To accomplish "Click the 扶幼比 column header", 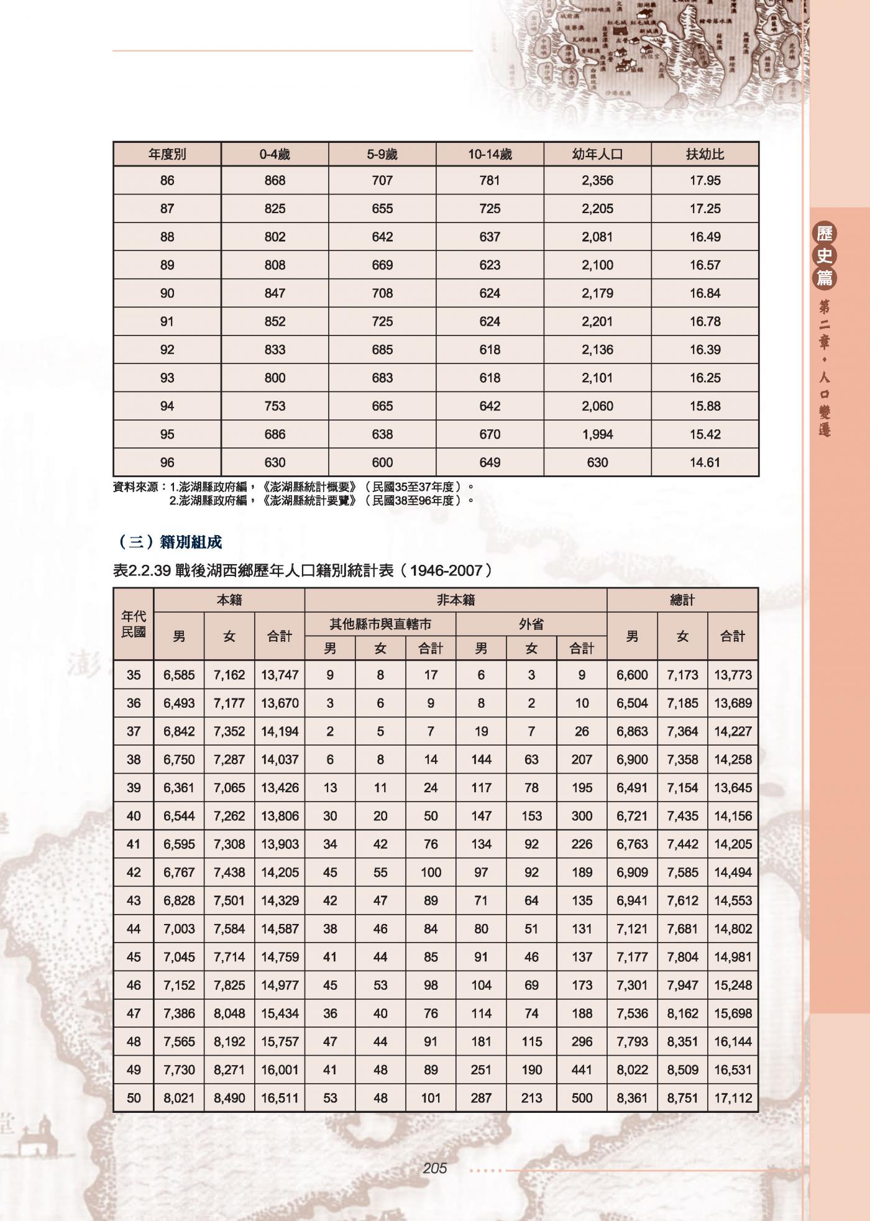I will pos(705,154).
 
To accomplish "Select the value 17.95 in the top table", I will pos(705,181).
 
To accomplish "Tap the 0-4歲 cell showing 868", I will pos(275,181).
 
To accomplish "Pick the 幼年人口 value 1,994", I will pos(597,434).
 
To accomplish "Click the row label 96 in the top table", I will pos(167,462).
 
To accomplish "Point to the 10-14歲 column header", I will pos(490,154).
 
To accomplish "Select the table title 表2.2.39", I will pos(142,570).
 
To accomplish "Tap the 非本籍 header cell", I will pos(456,600).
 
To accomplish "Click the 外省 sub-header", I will pos(531,624).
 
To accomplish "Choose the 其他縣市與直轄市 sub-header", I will pos(380,624).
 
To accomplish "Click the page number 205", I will pos(434,1168).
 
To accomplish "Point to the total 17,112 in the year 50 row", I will pos(733,1098).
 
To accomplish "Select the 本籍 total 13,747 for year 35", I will pos(280,675).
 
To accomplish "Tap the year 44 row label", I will pos(134,929).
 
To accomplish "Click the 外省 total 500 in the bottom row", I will pos(582,1098).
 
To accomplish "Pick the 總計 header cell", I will pos(682,600).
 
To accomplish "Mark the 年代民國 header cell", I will pos(134,624).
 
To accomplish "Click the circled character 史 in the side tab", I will pos(825,255).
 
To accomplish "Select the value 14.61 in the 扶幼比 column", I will pos(705,462).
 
